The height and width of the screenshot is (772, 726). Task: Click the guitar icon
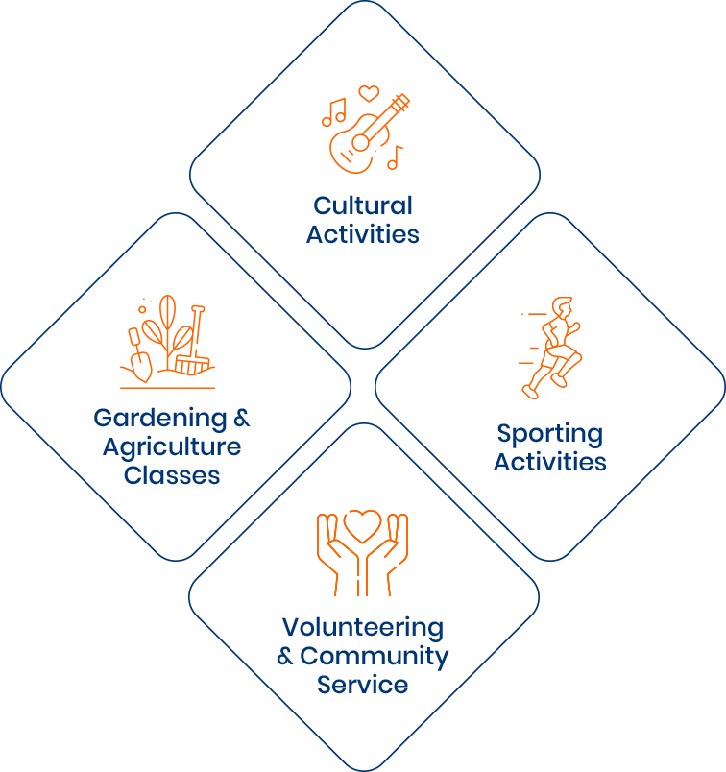(367, 135)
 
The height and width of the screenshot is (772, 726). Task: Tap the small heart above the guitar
(369, 93)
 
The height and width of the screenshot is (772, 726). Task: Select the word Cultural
(363, 205)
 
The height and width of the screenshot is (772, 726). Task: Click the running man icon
(551, 348)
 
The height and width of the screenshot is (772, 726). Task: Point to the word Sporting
(549, 435)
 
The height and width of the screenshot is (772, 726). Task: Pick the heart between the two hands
(362, 526)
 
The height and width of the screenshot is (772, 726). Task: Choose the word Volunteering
(363, 628)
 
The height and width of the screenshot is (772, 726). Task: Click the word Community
(375, 658)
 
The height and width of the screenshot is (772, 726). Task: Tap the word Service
(362, 685)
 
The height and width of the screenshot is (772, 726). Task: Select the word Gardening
(160, 420)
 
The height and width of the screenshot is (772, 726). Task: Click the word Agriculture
(172, 448)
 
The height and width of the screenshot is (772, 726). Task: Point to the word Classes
(172, 475)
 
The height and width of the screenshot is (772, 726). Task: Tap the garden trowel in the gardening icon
(140, 356)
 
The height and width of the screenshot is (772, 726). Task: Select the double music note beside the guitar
(334, 112)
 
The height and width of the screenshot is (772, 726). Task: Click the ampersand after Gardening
(241, 419)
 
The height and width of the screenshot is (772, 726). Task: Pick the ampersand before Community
(285, 657)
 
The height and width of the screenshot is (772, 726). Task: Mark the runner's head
(562, 306)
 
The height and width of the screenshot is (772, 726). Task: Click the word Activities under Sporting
(549, 462)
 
